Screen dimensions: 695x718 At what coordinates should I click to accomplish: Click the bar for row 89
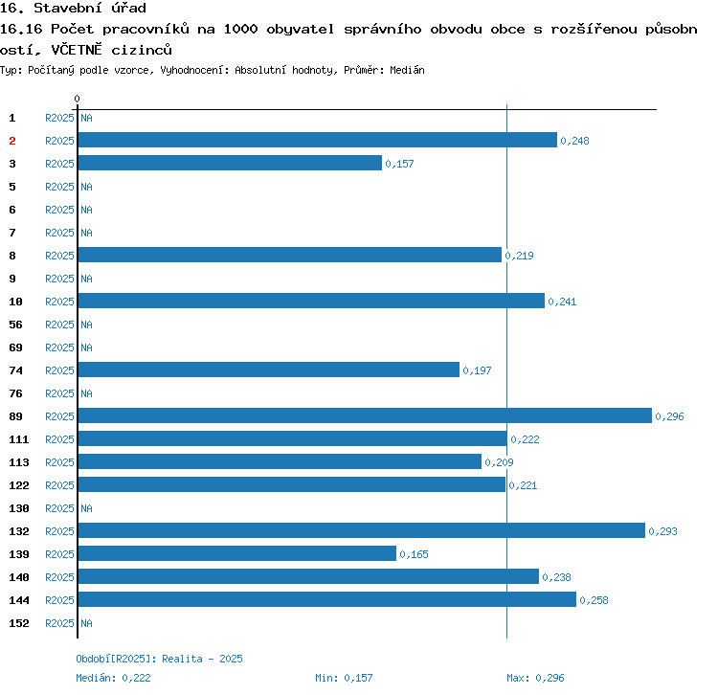[x=364, y=415]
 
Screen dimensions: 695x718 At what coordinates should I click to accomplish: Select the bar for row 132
[x=361, y=530]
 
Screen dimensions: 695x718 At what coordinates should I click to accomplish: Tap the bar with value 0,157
[x=230, y=163]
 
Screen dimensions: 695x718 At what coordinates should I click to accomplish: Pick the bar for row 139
[x=236, y=553]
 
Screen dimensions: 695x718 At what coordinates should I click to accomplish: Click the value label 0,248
[x=574, y=141]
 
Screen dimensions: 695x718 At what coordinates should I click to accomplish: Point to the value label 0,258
[x=594, y=600]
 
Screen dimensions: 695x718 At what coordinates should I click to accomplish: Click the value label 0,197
[x=477, y=370]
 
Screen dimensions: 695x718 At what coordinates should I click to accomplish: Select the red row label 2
[x=12, y=141]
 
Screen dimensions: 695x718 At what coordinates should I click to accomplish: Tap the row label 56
[x=16, y=325]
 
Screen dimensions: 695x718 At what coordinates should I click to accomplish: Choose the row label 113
[x=19, y=462]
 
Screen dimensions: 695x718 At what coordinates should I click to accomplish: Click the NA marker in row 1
[x=86, y=118]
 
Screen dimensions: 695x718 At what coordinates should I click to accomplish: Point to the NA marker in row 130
[x=86, y=508]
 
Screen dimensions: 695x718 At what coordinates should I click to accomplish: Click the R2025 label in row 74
[x=59, y=370]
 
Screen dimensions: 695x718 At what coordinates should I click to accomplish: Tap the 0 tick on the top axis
[x=77, y=99]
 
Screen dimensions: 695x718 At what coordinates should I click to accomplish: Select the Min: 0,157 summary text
[x=344, y=678]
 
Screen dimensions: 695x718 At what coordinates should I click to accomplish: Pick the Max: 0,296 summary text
[x=535, y=678]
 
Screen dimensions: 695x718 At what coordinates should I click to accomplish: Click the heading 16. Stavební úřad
[x=74, y=9]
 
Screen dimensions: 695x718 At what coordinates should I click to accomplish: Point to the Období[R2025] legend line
[x=159, y=659]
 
